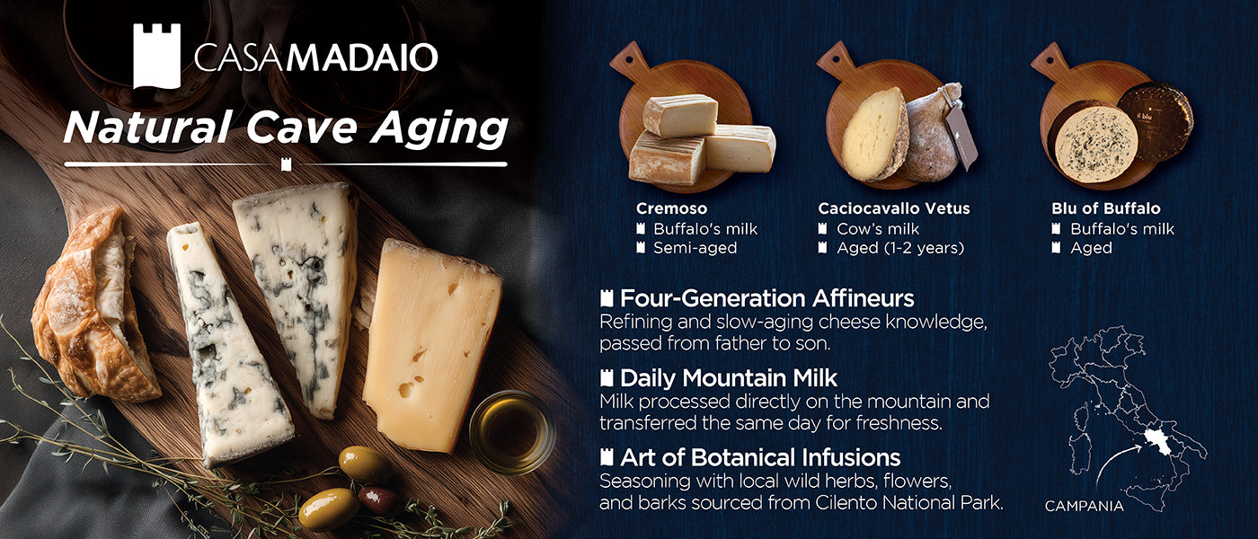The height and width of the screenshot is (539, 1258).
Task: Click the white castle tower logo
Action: click(x=156, y=56)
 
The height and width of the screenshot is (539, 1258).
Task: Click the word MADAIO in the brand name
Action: click(x=362, y=57)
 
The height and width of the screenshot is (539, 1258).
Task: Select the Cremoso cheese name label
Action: click(x=671, y=208)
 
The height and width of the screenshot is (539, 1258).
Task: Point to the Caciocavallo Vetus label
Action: click(x=893, y=208)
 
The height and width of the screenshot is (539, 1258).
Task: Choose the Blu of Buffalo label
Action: click(x=1106, y=208)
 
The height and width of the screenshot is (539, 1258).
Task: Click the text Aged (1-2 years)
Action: click(x=900, y=248)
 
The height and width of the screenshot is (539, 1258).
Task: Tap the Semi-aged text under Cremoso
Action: click(x=695, y=248)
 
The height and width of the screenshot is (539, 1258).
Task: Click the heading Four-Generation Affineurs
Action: click(x=766, y=298)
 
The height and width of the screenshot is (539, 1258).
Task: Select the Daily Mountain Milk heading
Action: click(x=729, y=378)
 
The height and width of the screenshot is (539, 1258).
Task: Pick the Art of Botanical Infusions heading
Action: click(x=760, y=457)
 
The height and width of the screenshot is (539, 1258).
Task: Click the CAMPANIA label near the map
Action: click(x=1084, y=507)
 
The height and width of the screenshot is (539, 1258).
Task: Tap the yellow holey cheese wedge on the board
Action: click(x=430, y=345)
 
